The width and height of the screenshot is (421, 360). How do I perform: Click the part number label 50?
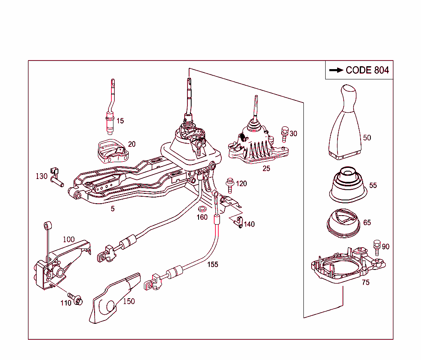click(x=367, y=137)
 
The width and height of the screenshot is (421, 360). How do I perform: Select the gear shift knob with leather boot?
click(x=345, y=123)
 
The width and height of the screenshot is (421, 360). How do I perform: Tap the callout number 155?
click(x=213, y=265)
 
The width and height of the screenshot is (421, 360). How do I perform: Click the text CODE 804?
click(x=367, y=70)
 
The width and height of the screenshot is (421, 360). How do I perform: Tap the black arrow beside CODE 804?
click(x=336, y=70)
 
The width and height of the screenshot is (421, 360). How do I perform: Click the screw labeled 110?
click(x=75, y=299)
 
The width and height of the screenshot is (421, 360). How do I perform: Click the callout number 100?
click(x=69, y=239)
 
